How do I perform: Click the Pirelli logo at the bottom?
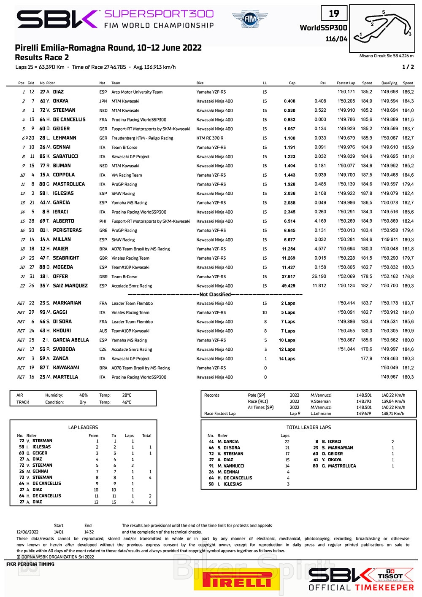tap(236, 580)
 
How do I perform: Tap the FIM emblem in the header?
tap(250, 19)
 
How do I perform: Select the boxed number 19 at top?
tap(334, 14)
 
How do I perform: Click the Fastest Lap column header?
tap(346, 83)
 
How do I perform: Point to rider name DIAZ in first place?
tap(59, 92)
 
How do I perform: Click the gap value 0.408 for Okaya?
tap(289, 101)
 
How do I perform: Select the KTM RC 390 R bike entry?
tap(210, 138)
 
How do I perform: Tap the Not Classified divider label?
tap(215, 295)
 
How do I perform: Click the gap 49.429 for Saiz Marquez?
tap(288, 286)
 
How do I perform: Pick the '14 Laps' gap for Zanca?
tap(287, 359)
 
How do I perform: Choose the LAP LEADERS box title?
tap(83, 428)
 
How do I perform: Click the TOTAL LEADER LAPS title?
tap(308, 428)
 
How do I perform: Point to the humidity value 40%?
tap(84, 395)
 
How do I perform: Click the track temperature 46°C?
tap(127, 402)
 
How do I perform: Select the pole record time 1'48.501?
tap(364, 395)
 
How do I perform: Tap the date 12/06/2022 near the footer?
tap(27, 532)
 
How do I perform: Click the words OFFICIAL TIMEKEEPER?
tap(361, 587)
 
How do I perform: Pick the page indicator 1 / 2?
tap(408, 67)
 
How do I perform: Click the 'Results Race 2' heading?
tap(42, 58)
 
